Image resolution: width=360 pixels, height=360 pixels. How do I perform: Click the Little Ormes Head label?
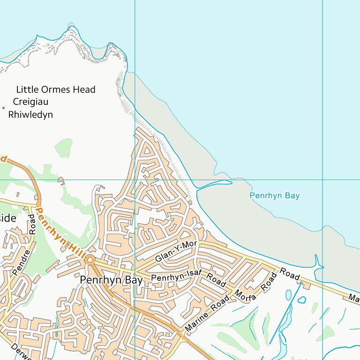click(x=56, y=90)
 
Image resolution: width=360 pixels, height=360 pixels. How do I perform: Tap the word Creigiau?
click(x=31, y=102)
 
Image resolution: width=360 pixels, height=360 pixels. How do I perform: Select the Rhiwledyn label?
click(x=31, y=114)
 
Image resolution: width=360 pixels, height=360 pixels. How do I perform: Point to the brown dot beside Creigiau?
click(x=3, y=108)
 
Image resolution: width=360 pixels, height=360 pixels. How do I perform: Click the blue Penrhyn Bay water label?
click(x=274, y=196)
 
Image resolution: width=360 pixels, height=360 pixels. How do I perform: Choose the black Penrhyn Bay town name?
click(x=111, y=280)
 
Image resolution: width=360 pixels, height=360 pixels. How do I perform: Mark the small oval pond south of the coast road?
click(x=288, y=294)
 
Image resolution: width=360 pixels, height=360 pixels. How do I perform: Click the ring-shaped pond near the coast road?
click(x=302, y=299)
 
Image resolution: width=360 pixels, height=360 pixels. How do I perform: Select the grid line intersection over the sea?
click(x=322, y=180)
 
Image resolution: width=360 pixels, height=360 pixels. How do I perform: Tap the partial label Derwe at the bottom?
click(x=19, y=354)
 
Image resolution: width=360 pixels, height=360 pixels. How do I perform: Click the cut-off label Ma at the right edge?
click(x=354, y=298)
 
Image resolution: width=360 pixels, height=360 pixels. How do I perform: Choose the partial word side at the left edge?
click(x=8, y=218)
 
